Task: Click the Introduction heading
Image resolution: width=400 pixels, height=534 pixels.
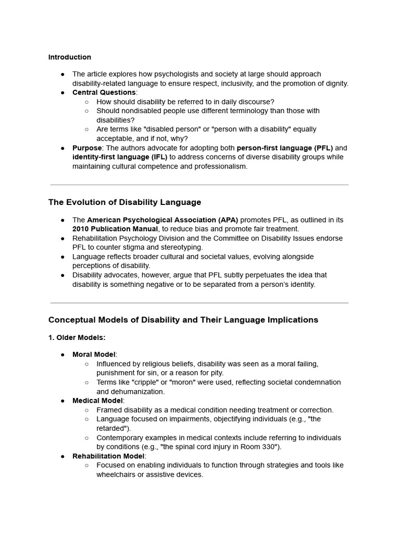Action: [70, 57]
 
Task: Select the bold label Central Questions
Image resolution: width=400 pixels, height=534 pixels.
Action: [104, 92]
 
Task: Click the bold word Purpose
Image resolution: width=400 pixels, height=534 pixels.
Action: [86, 148]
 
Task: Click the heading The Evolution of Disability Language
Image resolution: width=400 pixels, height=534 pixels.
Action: [124, 202]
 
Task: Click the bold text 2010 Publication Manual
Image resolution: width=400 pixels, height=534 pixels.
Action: [115, 229]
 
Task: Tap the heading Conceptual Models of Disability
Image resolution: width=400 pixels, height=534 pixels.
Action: [183, 320]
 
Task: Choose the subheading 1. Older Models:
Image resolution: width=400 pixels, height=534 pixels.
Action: [77, 338]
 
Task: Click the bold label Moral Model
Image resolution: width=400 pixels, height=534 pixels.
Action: [94, 355]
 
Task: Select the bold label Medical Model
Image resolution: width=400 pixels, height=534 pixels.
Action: [97, 400]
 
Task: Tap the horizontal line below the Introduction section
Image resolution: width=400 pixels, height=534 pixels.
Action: [199, 185]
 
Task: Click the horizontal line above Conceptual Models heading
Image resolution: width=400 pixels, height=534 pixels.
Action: [199, 302]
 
